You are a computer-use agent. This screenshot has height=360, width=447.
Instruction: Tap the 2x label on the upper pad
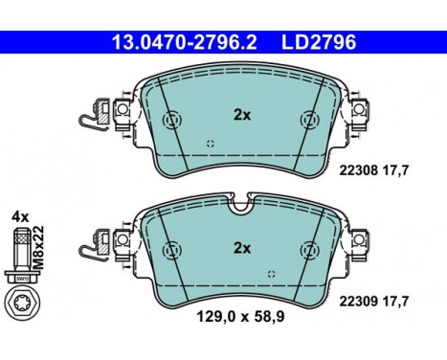[242, 115]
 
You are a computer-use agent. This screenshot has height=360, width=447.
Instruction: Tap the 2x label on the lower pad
[242, 248]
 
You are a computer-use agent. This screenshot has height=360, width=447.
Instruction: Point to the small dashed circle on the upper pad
[210, 144]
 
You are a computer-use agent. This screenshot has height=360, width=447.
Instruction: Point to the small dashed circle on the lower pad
[272, 275]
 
